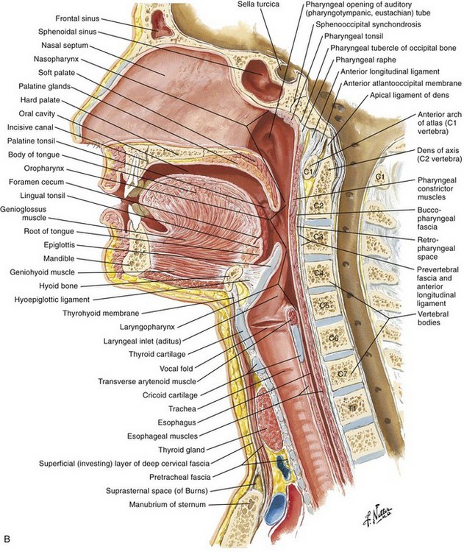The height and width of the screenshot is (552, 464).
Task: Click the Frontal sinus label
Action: point(77,18)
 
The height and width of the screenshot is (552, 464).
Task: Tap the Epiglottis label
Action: point(60,245)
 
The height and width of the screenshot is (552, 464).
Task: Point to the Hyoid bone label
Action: point(58,286)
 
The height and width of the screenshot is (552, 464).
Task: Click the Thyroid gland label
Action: point(181,450)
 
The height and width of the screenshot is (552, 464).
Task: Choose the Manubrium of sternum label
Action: point(168,504)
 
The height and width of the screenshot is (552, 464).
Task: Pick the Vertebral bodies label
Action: point(432,318)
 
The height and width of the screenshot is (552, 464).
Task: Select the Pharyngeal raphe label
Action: point(365,60)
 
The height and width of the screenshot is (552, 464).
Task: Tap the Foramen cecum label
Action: point(36,182)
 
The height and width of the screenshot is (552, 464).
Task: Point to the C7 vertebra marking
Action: point(342,374)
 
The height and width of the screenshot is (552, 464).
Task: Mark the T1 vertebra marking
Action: point(352,408)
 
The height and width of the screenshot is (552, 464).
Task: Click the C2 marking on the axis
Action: point(318,205)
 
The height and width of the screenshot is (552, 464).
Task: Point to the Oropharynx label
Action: point(44,169)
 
